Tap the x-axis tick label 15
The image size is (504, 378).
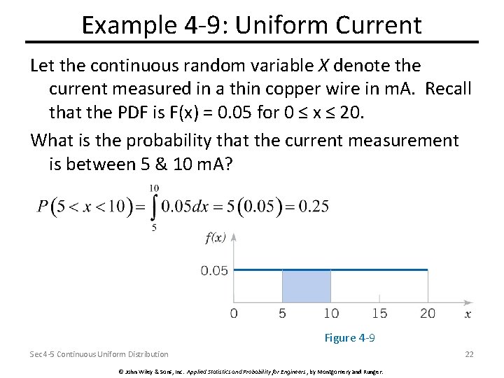click(x=379, y=313)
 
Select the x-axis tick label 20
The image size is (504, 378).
click(x=427, y=313)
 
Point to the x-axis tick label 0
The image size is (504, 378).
click(x=234, y=313)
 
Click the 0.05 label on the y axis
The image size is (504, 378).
click(x=214, y=270)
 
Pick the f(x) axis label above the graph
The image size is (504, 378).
click(x=216, y=237)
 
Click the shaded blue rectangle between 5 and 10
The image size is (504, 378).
click(x=306, y=286)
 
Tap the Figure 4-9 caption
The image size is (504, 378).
click(x=349, y=338)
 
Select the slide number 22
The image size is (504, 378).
click(x=469, y=354)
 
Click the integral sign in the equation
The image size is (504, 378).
click(x=154, y=208)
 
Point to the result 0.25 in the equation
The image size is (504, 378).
click(x=314, y=206)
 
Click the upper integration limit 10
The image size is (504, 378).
click(x=154, y=188)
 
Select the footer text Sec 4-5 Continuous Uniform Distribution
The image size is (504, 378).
click(x=99, y=354)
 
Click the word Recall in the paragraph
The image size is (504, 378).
click(x=449, y=90)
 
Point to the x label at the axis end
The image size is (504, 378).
click(x=468, y=314)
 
